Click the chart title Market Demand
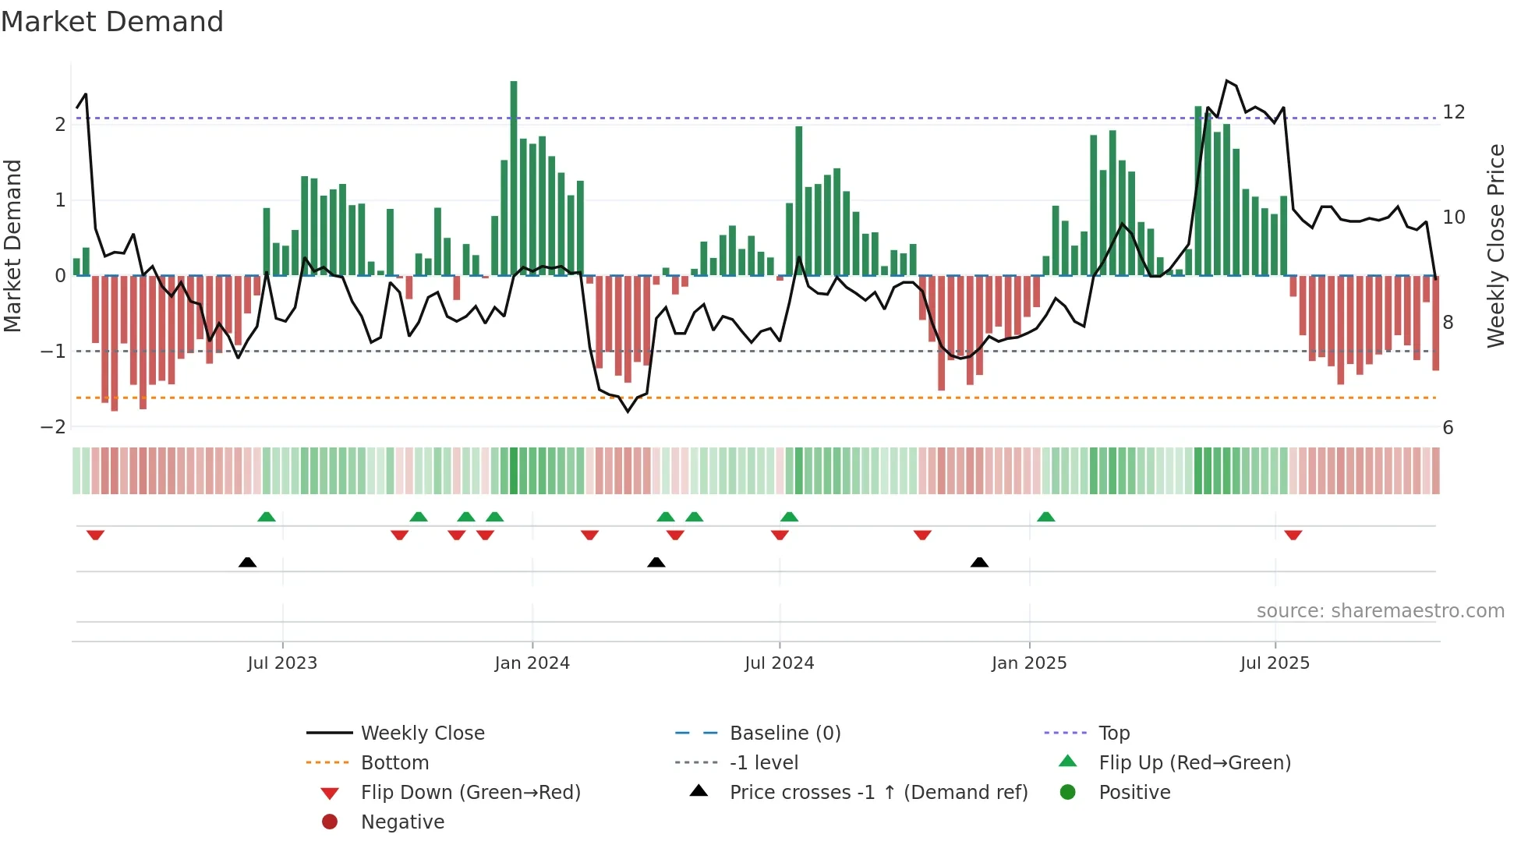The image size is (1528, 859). (x=112, y=22)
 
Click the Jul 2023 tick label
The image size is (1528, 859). (x=282, y=663)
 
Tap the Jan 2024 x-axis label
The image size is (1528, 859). (x=532, y=663)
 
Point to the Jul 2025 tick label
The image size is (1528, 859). (x=1275, y=663)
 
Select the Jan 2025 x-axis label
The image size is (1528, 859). (x=1029, y=663)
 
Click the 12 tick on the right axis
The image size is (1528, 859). (x=1453, y=112)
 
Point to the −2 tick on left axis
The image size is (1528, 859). (x=53, y=427)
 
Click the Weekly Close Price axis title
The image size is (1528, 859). (x=1495, y=246)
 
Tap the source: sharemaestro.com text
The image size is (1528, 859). (x=1380, y=611)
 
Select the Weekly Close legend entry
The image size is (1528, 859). (x=422, y=734)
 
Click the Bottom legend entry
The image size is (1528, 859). (x=394, y=763)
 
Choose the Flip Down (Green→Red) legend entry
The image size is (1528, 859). (x=470, y=793)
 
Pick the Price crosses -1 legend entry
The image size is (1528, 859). (x=878, y=793)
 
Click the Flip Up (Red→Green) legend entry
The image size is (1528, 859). (x=1194, y=763)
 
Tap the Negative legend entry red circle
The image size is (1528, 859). (x=330, y=822)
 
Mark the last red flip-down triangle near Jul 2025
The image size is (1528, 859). (x=1293, y=535)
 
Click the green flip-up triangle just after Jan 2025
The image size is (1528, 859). (x=1046, y=517)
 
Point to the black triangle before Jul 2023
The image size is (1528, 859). (x=247, y=562)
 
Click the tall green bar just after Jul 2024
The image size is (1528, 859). (x=799, y=200)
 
